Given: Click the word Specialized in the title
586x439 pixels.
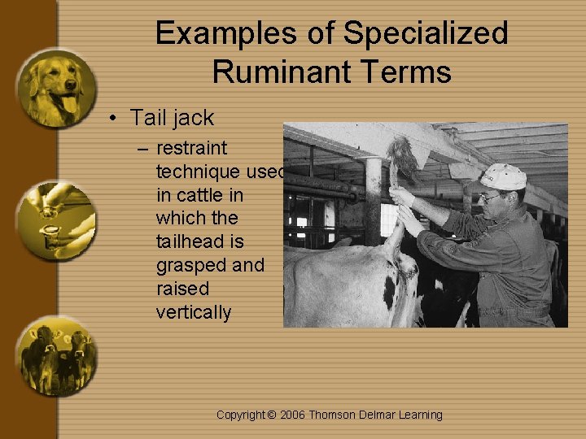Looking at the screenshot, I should tap(426, 34).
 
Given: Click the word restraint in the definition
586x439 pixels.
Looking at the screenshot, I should tap(191, 149).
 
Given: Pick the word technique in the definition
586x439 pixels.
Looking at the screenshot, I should tap(200, 172).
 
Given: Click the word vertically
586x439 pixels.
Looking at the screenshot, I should tap(194, 312).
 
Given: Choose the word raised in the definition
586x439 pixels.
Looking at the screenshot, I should tap(182, 289).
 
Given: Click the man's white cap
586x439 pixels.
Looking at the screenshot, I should tap(503, 176).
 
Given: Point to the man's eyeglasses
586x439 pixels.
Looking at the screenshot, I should tap(491, 196).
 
